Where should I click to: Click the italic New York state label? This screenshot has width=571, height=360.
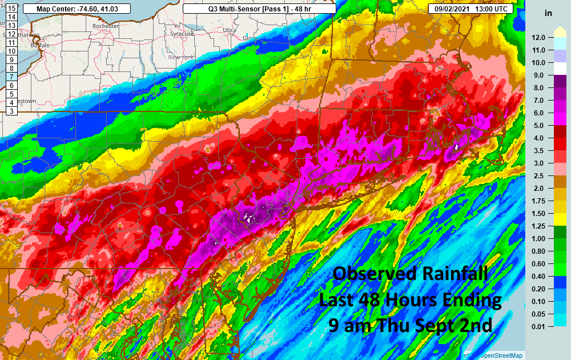(182, 57)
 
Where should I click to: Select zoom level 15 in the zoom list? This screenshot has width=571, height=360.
(11, 9)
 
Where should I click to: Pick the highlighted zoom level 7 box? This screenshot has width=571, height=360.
(11, 76)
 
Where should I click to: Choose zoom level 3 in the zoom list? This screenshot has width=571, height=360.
(11, 110)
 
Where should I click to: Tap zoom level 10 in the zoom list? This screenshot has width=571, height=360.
(11, 51)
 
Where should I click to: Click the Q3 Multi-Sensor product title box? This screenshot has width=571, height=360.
(259, 9)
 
